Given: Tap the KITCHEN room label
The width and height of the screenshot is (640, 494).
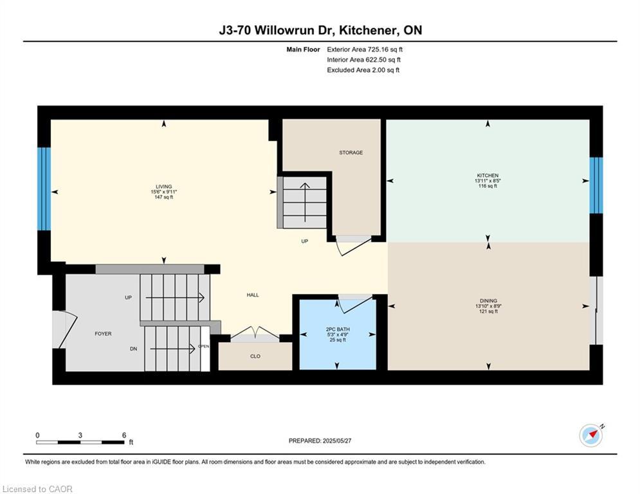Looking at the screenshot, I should [487, 176].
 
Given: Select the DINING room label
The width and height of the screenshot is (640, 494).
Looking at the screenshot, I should [488, 300].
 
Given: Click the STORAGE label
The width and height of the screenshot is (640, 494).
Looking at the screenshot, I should [351, 152].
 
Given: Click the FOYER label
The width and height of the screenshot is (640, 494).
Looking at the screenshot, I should [103, 334].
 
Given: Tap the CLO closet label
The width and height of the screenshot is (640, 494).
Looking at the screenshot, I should [255, 356].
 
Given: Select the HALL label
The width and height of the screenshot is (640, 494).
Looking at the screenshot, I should [253, 295].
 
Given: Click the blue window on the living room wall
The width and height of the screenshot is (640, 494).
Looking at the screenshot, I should [44, 188].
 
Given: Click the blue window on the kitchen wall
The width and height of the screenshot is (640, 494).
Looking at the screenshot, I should [596, 185].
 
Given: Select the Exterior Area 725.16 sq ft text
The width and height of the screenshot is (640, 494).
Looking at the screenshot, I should [365, 50].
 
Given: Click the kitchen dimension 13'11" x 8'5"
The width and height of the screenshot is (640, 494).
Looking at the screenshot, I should [487, 181].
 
